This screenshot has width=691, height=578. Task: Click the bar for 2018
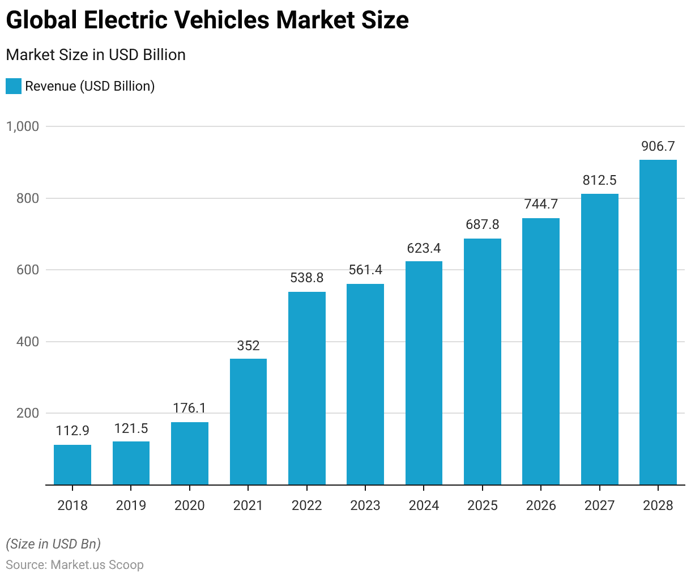[72, 465]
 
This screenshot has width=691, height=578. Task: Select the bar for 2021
[248, 422]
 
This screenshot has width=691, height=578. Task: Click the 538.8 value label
[306, 278]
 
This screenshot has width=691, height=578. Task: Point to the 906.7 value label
[658, 146]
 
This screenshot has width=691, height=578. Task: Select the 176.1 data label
[189, 408]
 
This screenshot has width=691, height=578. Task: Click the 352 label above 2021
[248, 345]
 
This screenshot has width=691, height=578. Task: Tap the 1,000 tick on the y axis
[23, 126]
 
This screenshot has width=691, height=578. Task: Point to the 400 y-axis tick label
[28, 342]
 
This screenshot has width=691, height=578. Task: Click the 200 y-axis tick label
[28, 413]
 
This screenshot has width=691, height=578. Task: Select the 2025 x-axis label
[483, 505]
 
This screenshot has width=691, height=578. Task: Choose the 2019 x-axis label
[131, 505]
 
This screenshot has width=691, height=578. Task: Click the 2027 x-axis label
[599, 505]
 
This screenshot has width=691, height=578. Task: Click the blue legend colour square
[14, 86]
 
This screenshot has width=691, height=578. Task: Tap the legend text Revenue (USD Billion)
[90, 86]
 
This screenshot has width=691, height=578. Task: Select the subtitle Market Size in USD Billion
[96, 55]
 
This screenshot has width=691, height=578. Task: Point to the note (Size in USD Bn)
[53, 544]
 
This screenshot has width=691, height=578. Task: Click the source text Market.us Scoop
[97, 565]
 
